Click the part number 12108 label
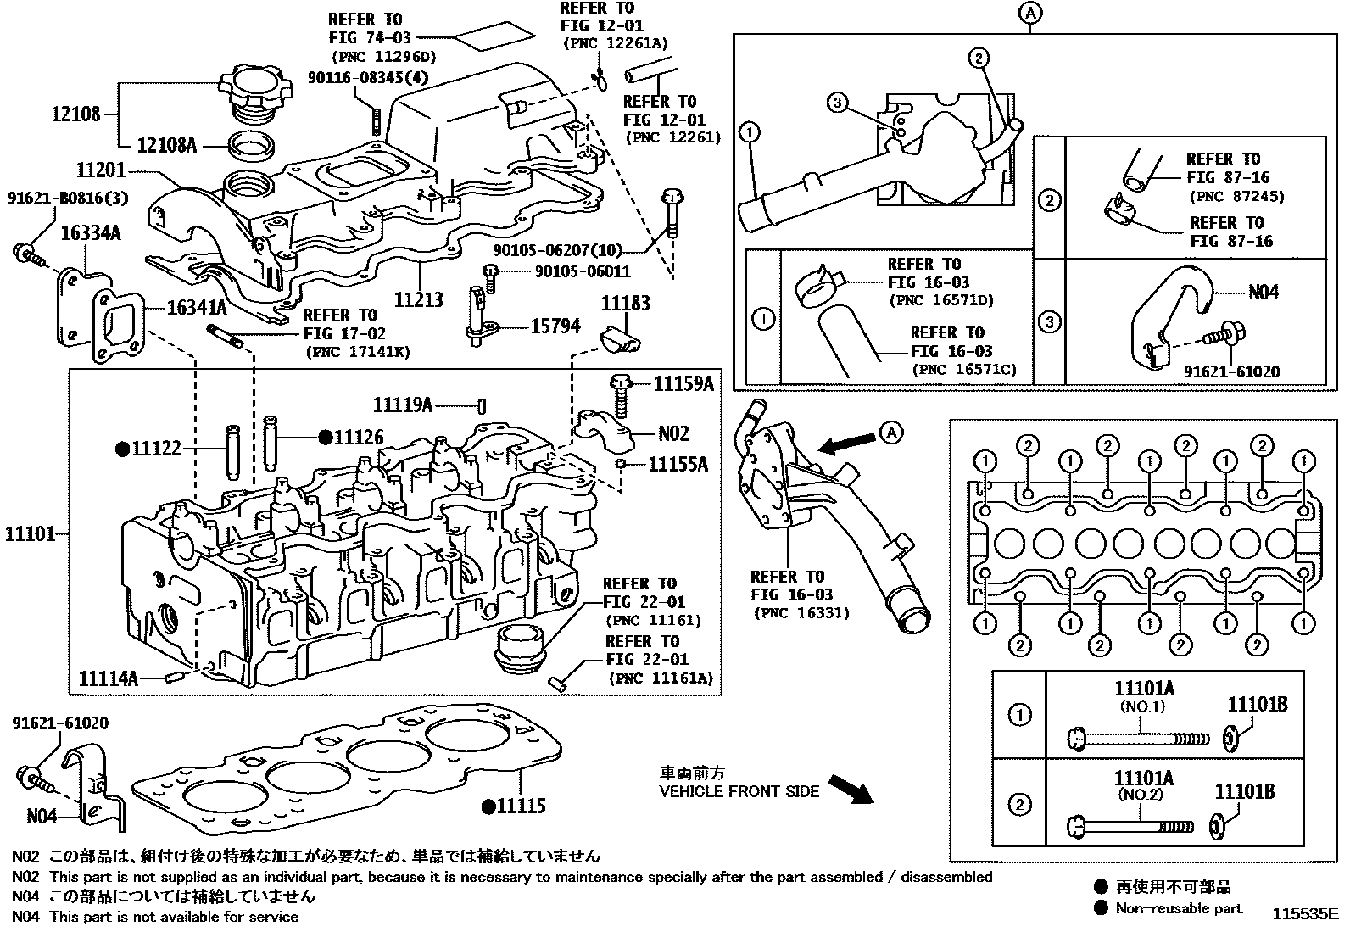(x=75, y=113)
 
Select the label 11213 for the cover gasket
(x=419, y=299)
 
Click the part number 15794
(x=555, y=326)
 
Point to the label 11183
(x=626, y=304)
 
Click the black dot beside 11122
(x=121, y=449)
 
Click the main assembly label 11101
(x=30, y=534)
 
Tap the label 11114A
(x=108, y=678)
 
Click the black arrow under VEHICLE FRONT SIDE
(x=850, y=789)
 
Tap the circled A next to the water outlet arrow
(x=890, y=433)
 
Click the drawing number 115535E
(x=1303, y=915)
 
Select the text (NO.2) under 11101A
(x=1140, y=795)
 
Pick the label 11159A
(x=683, y=383)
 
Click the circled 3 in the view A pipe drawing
(x=836, y=103)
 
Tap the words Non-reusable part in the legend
(x=1179, y=908)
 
